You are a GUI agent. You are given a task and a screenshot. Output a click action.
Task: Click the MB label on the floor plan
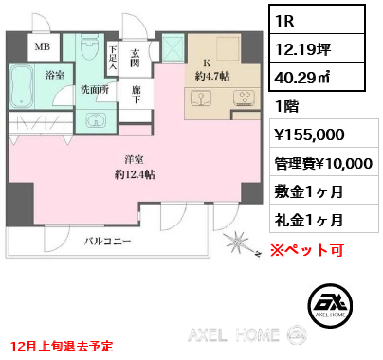[x=44, y=45]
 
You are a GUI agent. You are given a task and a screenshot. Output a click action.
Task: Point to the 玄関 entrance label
[x=137, y=58]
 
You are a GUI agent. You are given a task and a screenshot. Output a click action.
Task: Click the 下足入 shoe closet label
[x=113, y=60]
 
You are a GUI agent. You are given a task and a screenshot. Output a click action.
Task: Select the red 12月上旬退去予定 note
[x=61, y=346]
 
